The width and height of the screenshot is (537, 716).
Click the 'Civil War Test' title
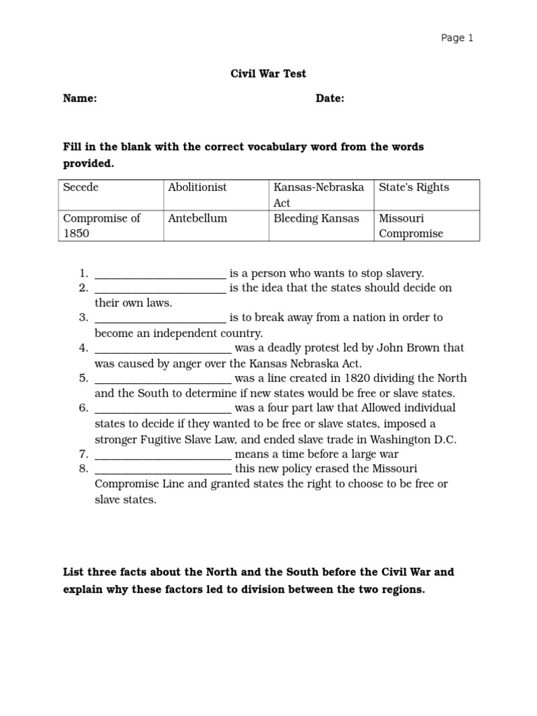268,73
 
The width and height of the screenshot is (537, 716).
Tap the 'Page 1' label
457,38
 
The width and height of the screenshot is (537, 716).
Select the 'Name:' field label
80,99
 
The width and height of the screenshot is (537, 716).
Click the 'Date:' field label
330,99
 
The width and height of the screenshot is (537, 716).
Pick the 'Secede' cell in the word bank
81,187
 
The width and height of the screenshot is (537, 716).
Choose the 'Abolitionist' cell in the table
197,187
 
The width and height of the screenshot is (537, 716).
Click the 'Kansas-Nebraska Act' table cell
319,195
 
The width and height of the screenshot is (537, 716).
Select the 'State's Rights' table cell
414,187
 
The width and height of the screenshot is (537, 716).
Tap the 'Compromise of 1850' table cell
101,225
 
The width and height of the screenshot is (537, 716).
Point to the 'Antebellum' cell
197,218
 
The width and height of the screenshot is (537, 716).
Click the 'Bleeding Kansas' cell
316,218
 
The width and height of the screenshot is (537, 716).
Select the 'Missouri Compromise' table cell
411,225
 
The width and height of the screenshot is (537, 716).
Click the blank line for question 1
160,274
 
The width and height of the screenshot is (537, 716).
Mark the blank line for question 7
162,454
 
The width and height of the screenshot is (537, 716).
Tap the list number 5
83,378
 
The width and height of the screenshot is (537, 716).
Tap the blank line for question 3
160,318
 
